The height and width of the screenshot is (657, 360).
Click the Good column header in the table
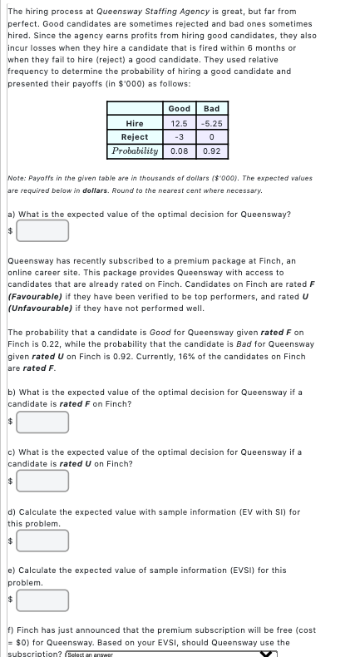179,109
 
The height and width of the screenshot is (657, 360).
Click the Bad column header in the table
211,109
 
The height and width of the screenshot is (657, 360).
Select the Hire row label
135,123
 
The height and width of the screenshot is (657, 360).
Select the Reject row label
135,137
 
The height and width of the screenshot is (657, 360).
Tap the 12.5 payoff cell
179,123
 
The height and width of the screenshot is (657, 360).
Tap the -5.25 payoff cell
211,123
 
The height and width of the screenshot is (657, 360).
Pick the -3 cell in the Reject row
179,137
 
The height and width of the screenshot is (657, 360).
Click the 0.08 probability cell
179,151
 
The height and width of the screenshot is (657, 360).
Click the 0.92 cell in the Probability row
211,151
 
